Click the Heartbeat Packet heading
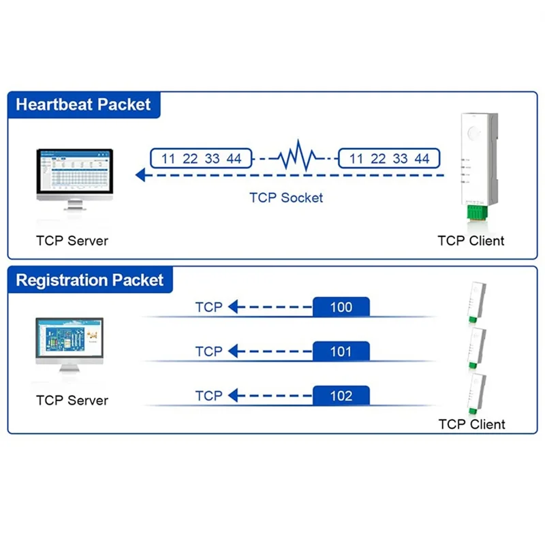click(83, 105)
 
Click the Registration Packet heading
click(90, 280)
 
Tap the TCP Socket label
click(286, 198)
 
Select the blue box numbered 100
click(341, 307)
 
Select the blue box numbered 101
click(341, 352)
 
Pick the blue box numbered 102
click(341, 396)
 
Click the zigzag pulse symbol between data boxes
click(295, 158)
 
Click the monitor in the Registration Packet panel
click(69, 343)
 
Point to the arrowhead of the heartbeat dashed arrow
click(141, 175)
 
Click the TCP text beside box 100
click(208, 307)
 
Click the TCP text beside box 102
click(208, 396)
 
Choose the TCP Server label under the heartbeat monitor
click(72, 240)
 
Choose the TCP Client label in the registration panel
click(471, 424)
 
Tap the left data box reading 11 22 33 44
click(201, 159)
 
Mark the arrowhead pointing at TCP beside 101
click(234, 352)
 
